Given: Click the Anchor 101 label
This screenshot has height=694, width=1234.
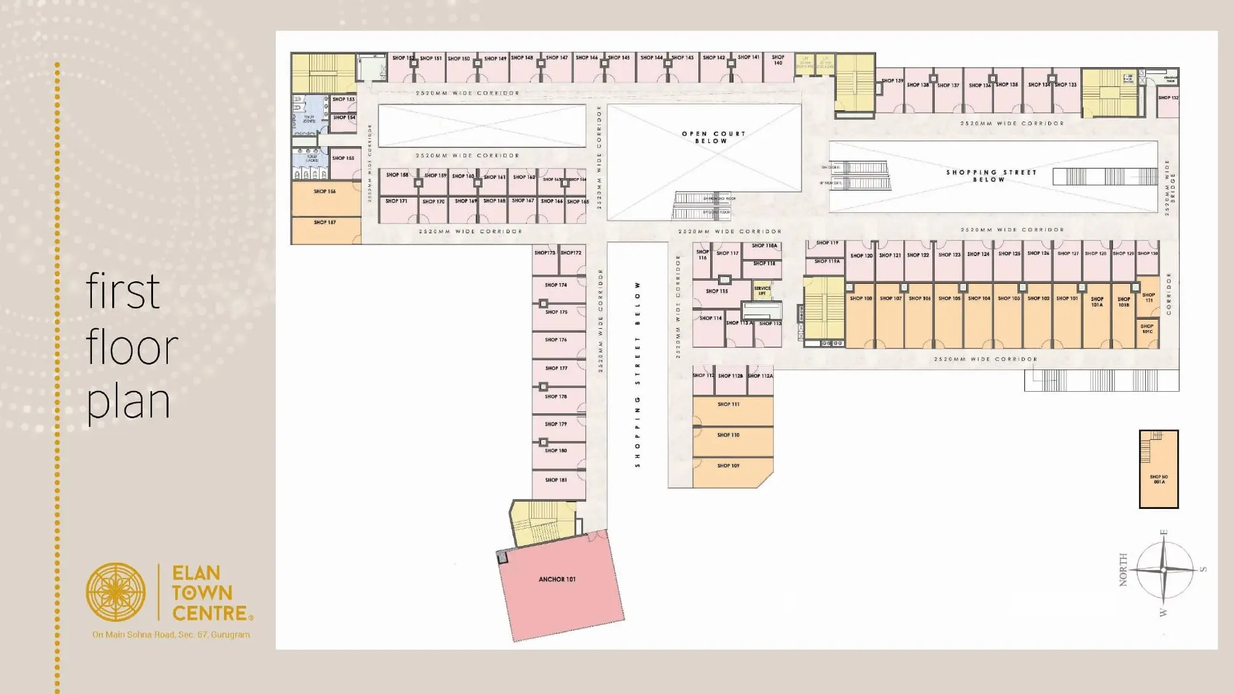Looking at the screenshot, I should tap(557, 579).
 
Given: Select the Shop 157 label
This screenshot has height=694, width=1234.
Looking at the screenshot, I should tap(325, 222).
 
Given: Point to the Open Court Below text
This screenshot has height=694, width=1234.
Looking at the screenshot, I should tap(713, 137).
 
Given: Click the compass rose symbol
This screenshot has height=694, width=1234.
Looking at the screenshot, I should tap(1164, 571).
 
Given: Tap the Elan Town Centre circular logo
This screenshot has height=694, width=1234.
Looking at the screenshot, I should tap(116, 592).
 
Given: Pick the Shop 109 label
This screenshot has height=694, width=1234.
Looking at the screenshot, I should tap(728, 466).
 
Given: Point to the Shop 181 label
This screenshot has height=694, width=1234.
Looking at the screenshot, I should tap(556, 480).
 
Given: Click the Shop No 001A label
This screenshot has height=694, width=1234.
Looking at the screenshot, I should tap(1159, 479).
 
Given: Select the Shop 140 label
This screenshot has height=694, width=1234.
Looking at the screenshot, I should tap(778, 60).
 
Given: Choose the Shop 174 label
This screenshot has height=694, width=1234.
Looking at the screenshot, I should tap(556, 285).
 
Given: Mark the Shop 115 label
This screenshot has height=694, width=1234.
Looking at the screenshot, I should tap(717, 291).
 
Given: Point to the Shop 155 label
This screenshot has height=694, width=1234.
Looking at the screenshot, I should tap(343, 158).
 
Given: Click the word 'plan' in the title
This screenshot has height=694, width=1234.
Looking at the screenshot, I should tap(128, 402).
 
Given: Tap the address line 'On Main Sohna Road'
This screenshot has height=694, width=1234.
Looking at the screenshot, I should tap(171, 634).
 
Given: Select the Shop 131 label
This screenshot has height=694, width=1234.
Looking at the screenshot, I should tap(1149, 297).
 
